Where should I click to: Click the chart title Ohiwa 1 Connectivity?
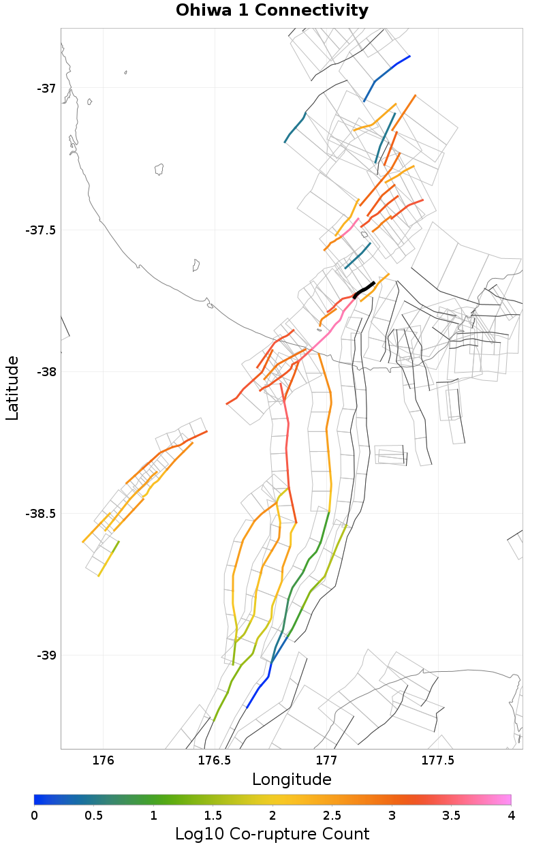[272, 11]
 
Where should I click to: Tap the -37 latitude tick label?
[46, 88]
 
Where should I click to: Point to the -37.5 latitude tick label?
[41, 230]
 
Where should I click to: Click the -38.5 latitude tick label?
[41, 513]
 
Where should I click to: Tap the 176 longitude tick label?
[103, 760]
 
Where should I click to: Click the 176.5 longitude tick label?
[214, 760]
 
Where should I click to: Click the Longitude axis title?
[292, 779]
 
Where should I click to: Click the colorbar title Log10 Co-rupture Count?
[272, 833]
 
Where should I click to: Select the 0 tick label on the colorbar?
[35, 816]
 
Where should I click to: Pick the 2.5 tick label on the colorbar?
[332, 816]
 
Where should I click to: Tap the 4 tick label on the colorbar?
[510, 816]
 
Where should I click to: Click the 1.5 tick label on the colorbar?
[213, 816]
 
